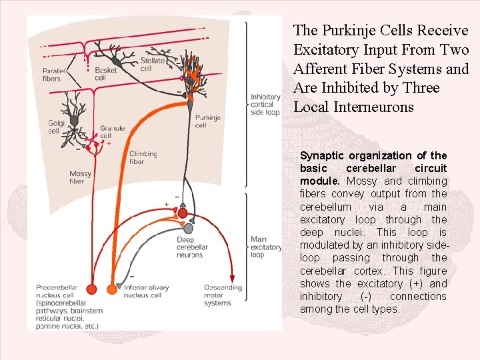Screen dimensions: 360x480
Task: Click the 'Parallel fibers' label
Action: click(x=52, y=75)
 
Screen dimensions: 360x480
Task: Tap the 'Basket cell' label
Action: click(x=105, y=73)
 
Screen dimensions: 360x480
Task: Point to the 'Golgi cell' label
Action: click(x=54, y=127)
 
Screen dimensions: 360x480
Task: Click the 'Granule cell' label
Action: click(x=112, y=132)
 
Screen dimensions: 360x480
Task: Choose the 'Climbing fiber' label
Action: click(x=143, y=157)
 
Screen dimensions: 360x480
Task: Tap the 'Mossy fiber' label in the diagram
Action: click(x=80, y=177)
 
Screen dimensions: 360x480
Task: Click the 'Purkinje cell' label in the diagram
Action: click(x=208, y=121)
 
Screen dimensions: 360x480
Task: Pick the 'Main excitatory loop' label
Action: click(x=259, y=247)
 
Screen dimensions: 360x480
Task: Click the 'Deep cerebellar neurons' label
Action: click(x=192, y=247)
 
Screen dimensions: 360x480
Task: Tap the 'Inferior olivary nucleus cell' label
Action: click(x=143, y=291)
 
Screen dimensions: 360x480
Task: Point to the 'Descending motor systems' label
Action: click(x=223, y=295)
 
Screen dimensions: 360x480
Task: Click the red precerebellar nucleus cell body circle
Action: click(x=92, y=289)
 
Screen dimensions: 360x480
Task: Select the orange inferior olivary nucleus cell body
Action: click(x=110, y=289)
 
